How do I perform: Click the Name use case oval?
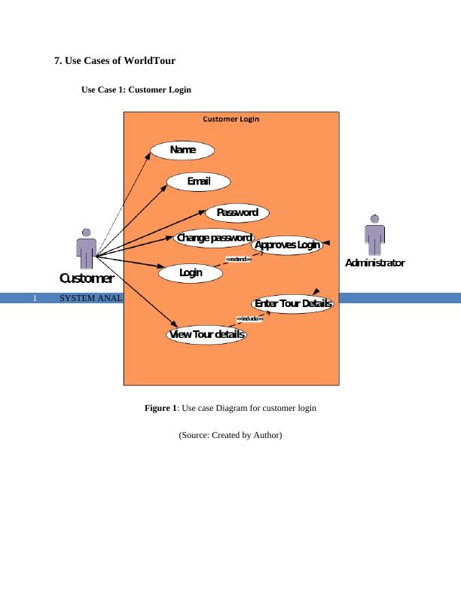click(182, 150)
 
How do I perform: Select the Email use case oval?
click(198, 181)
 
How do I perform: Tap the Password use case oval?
click(237, 213)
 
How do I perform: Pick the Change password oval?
click(214, 239)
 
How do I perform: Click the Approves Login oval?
click(287, 245)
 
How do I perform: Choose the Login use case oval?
click(191, 272)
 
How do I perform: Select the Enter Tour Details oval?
click(293, 303)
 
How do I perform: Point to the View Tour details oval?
click(206, 335)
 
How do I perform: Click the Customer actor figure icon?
click(86, 248)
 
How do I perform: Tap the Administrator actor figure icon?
click(374, 235)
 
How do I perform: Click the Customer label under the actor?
click(87, 278)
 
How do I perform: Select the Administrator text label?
click(374, 263)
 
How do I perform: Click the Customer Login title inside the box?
click(231, 119)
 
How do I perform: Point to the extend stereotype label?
click(239, 260)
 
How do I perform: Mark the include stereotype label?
click(249, 318)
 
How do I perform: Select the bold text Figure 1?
click(160, 408)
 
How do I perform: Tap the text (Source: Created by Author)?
click(230, 434)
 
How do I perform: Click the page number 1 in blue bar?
click(35, 298)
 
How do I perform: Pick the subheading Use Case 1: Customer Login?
click(136, 90)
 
